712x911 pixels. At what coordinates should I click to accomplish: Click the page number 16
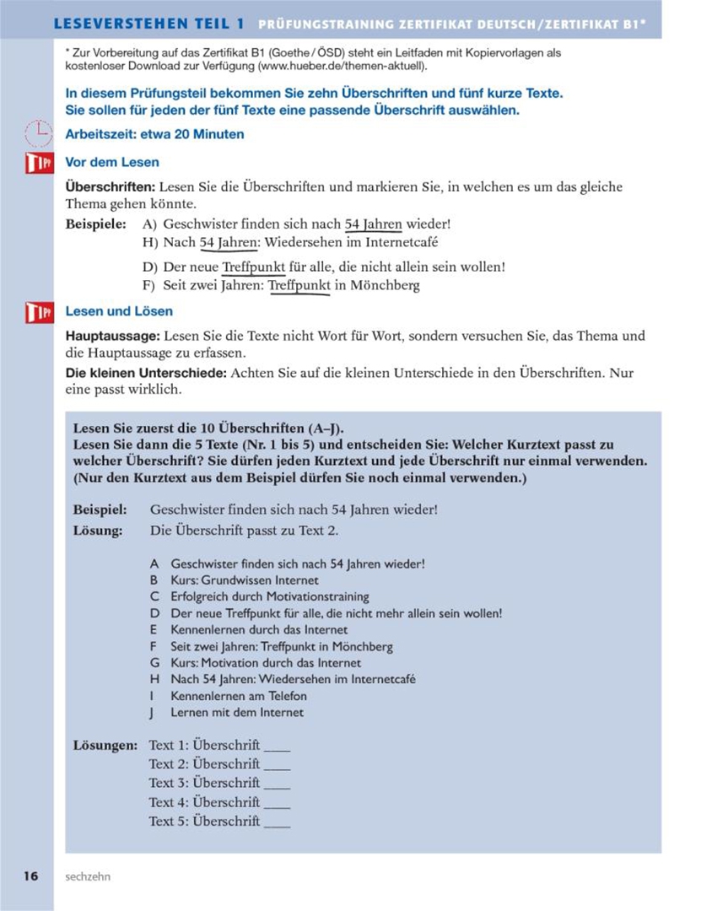tap(30, 876)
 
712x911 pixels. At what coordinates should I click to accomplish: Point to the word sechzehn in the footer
tap(88, 876)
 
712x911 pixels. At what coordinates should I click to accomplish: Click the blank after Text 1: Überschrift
tap(277, 747)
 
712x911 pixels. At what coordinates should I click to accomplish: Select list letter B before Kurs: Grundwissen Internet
tap(154, 580)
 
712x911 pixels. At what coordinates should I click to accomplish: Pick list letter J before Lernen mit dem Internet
tap(154, 713)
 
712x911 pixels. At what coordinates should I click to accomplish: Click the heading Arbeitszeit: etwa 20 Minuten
tap(154, 134)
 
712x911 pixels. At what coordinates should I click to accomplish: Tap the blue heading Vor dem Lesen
tap(112, 162)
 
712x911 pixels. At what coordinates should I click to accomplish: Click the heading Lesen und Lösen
tap(119, 312)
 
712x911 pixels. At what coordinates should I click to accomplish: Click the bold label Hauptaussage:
tap(112, 336)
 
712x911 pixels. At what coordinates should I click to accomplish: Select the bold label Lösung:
tap(98, 531)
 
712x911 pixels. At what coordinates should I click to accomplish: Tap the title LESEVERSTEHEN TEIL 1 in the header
tap(149, 24)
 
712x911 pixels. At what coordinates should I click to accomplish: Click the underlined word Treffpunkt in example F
tap(299, 285)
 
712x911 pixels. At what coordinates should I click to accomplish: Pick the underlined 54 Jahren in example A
tap(373, 224)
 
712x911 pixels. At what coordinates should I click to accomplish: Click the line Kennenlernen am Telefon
tap(239, 696)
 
